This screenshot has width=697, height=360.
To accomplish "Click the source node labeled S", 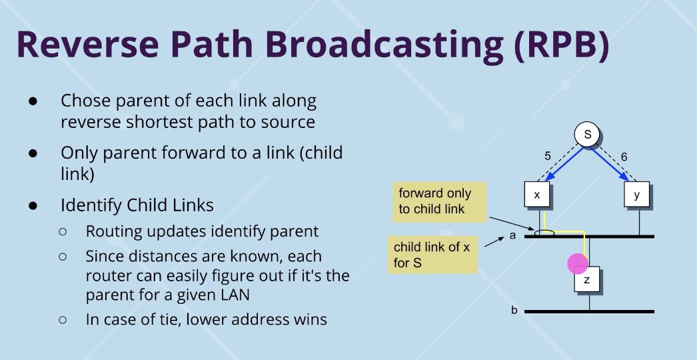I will tap(587, 135).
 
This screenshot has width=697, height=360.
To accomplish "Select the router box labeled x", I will tap(537, 195).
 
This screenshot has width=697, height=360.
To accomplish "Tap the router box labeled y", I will tap(636, 195).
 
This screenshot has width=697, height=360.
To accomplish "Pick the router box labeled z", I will tap(587, 281).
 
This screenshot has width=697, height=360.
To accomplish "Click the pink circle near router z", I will tap(577, 263).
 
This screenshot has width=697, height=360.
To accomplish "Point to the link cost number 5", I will tap(548, 156).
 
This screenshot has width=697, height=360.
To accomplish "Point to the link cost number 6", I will tap(624, 156).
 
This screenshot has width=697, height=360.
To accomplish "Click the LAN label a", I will tap(513, 235).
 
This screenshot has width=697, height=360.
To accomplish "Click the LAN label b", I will tap(514, 311).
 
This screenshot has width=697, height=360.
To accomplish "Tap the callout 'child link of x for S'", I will tap(433, 255).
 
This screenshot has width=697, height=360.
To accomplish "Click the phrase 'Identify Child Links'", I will tap(137, 205).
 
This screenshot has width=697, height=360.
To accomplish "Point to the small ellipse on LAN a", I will tap(544, 233).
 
